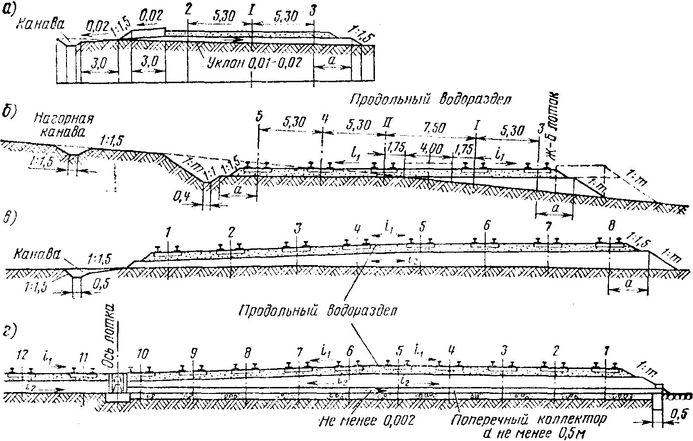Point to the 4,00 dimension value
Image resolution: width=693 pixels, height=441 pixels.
tap(430, 149)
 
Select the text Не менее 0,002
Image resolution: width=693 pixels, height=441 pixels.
tap(366, 421)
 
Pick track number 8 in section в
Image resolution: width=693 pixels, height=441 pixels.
tap(612, 226)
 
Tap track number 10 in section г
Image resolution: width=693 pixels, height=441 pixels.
tap(143, 355)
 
